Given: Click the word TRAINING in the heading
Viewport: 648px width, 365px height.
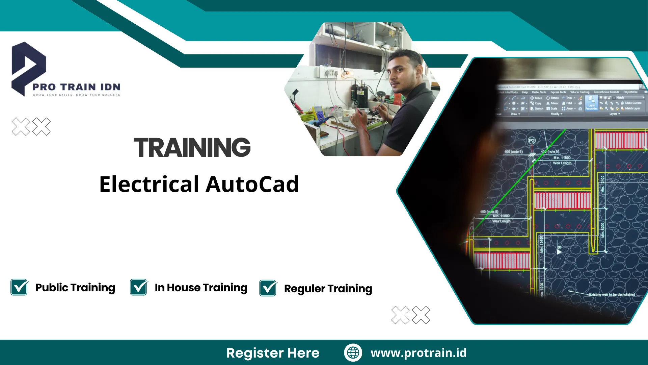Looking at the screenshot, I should point(192,147).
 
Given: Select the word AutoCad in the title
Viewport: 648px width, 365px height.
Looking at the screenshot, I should point(252,184).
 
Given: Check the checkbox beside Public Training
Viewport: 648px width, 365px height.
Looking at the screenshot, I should point(19,287).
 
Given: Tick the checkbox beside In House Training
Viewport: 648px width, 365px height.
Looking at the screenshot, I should point(139,287).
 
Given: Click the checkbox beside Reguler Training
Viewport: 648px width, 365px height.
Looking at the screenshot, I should point(268,288).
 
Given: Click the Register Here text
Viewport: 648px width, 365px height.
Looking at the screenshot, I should point(273,353).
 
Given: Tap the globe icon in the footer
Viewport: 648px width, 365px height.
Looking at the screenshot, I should point(353,352).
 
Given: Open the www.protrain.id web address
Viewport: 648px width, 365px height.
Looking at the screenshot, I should point(418,352).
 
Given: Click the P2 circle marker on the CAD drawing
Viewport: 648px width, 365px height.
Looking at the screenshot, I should point(532,141).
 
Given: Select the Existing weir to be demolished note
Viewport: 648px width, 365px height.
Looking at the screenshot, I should point(612,294).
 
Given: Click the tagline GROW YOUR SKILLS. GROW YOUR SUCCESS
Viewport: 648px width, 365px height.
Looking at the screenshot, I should point(76,95).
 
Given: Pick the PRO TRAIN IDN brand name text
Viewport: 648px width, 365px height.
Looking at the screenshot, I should point(76,87).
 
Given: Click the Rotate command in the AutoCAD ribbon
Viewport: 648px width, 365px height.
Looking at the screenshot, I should point(553,98).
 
